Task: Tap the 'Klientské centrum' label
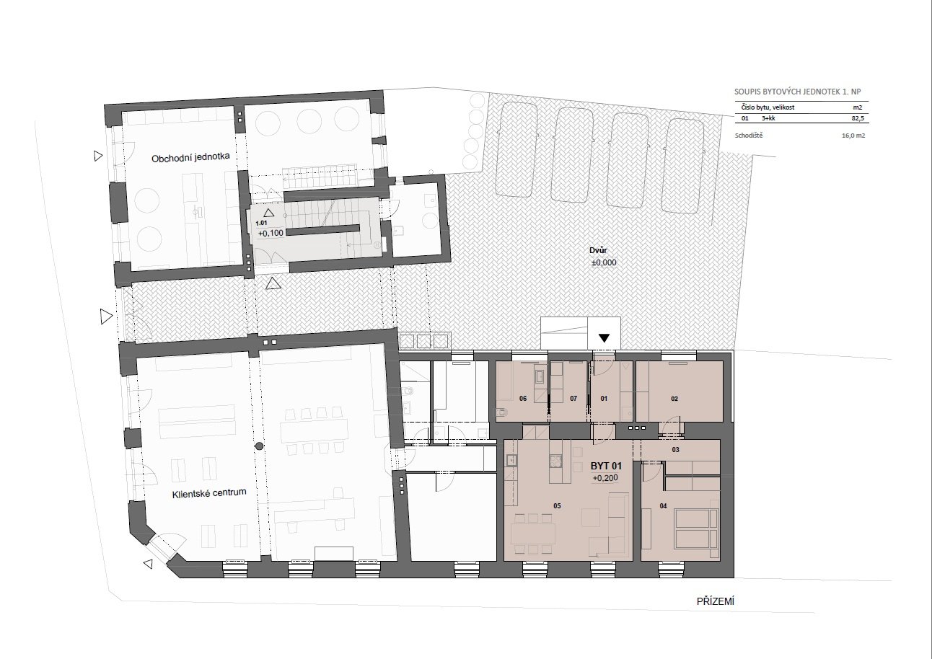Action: (209, 493)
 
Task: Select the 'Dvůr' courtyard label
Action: (598, 250)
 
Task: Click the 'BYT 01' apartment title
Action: (606, 466)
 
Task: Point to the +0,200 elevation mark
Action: (605, 478)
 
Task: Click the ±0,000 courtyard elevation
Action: (604, 262)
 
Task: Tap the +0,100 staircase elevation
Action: (271, 234)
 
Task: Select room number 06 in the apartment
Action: (523, 399)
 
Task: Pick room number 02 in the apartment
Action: (674, 399)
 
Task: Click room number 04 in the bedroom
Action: (663, 506)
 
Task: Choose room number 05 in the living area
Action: (557, 506)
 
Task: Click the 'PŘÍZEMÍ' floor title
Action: (715, 601)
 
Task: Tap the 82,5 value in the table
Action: (858, 118)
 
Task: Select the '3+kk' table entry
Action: (768, 118)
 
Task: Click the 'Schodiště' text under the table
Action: (749, 136)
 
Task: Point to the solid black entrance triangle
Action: (604, 338)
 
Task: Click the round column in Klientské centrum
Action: (259, 446)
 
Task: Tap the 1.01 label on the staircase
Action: (261, 224)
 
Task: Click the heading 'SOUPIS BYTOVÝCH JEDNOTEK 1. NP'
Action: (797, 92)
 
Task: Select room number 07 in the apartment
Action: (573, 399)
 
